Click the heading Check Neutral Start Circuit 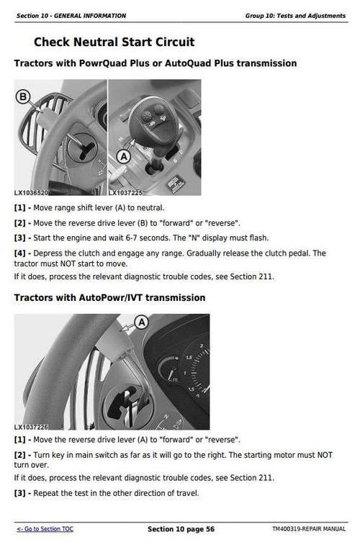point(114,42)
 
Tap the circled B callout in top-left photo point(22,96)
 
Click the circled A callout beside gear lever point(123,155)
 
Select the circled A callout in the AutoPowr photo point(141,322)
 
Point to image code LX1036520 point(32,193)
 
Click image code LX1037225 point(126,193)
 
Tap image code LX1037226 point(32,427)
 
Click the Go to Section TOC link point(45,529)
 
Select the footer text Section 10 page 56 point(181,529)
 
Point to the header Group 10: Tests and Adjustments point(296,15)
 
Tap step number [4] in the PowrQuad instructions point(21,253)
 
